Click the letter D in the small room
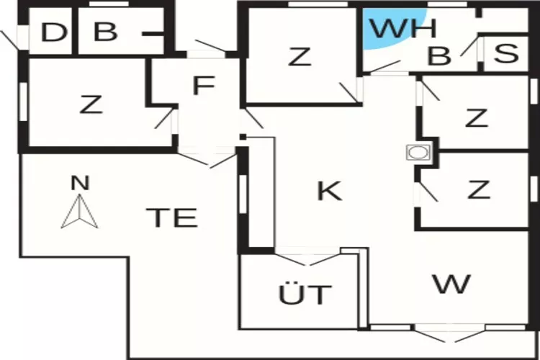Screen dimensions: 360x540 coord(53,33)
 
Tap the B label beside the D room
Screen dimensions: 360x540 coord(105,33)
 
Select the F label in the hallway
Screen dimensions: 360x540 coord(204,86)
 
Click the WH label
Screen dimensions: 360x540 coord(403,30)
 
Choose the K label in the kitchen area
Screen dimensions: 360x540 coord(329,191)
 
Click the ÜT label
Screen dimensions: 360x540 coord(305,294)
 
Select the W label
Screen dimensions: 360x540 coord(451,283)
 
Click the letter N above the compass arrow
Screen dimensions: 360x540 coord(80,183)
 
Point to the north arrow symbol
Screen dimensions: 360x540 coord(80,213)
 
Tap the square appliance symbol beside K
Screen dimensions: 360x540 coord(417,153)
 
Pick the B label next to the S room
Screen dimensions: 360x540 coord(438,56)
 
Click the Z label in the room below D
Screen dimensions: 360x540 coord(90,105)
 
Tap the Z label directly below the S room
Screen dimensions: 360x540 coord(476,117)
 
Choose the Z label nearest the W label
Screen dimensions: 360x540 coord(478,190)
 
